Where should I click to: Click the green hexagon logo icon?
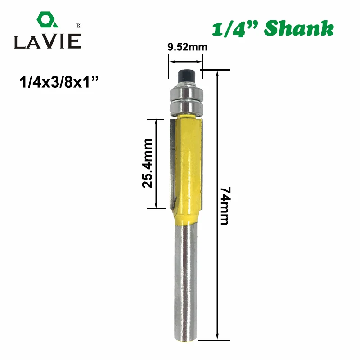pos(47,20)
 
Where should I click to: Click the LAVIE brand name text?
pos(48,41)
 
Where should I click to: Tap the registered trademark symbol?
pos(78,25)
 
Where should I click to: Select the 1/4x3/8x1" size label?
pos(59,82)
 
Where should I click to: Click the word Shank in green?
pos(299,28)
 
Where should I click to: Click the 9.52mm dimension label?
pos(187,47)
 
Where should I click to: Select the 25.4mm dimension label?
pos(147,163)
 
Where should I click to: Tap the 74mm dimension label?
pos(225,206)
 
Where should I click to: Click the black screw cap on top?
pos(186,76)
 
